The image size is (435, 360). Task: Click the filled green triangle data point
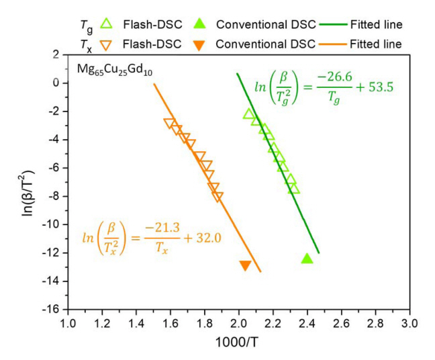click(x=307, y=258)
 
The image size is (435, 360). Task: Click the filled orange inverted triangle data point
click(x=246, y=266)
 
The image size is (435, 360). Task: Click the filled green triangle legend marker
click(x=202, y=25)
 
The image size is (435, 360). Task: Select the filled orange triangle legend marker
click(x=202, y=44)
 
